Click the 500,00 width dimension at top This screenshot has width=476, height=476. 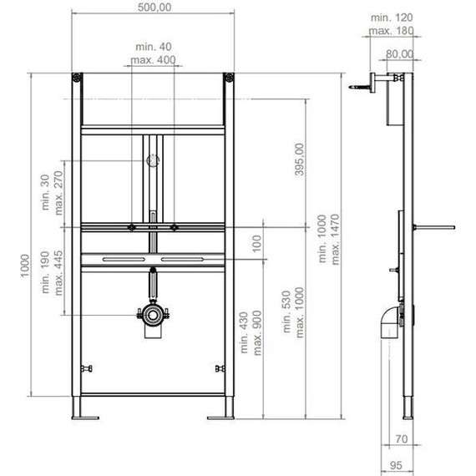click(x=154, y=7)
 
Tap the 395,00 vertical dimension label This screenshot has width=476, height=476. click(x=299, y=160)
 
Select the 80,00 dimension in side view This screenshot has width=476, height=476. click(x=399, y=54)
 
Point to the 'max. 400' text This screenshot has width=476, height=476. click(x=153, y=59)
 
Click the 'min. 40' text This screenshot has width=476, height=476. click(x=154, y=47)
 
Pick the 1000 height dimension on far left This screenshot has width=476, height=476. click(x=24, y=266)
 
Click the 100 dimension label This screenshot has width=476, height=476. click(x=256, y=244)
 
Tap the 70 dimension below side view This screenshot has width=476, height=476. click(x=402, y=439)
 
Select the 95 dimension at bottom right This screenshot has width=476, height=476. click(x=396, y=465)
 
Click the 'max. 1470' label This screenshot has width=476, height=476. click(x=335, y=239)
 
